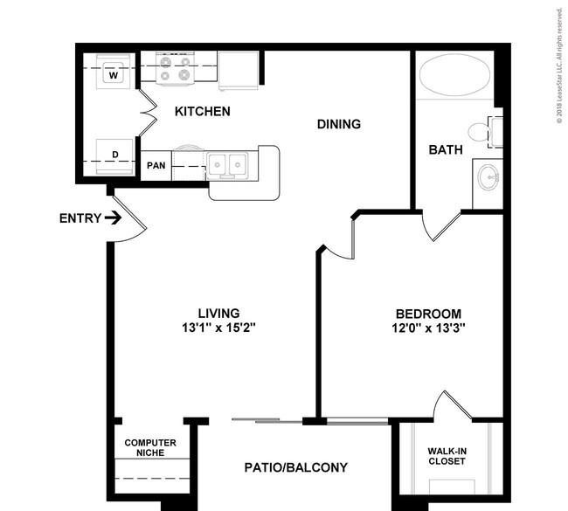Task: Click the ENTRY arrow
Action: coord(113,218)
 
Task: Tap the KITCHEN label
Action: coord(203,111)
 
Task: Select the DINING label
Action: coord(339,124)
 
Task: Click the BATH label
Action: coord(446,149)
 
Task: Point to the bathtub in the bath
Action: coord(454,75)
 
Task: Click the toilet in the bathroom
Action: coord(485,132)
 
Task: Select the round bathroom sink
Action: coord(488,177)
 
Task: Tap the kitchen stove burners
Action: coord(176,69)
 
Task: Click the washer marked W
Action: coord(114,73)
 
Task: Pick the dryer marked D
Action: coord(114,156)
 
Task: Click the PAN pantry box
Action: coord(156,165)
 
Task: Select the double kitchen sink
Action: coord(227,165)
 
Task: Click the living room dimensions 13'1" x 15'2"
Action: coord(218,328)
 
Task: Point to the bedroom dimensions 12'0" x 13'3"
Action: coord(428,328)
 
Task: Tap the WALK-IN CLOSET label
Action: coord(447,456)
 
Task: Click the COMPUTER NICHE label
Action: coord(150,447)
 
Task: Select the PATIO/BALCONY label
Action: coord(296,467)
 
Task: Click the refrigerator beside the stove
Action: coord(239,70)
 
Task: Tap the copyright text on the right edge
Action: coord(559,66)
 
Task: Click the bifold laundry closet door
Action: coord(149,113)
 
